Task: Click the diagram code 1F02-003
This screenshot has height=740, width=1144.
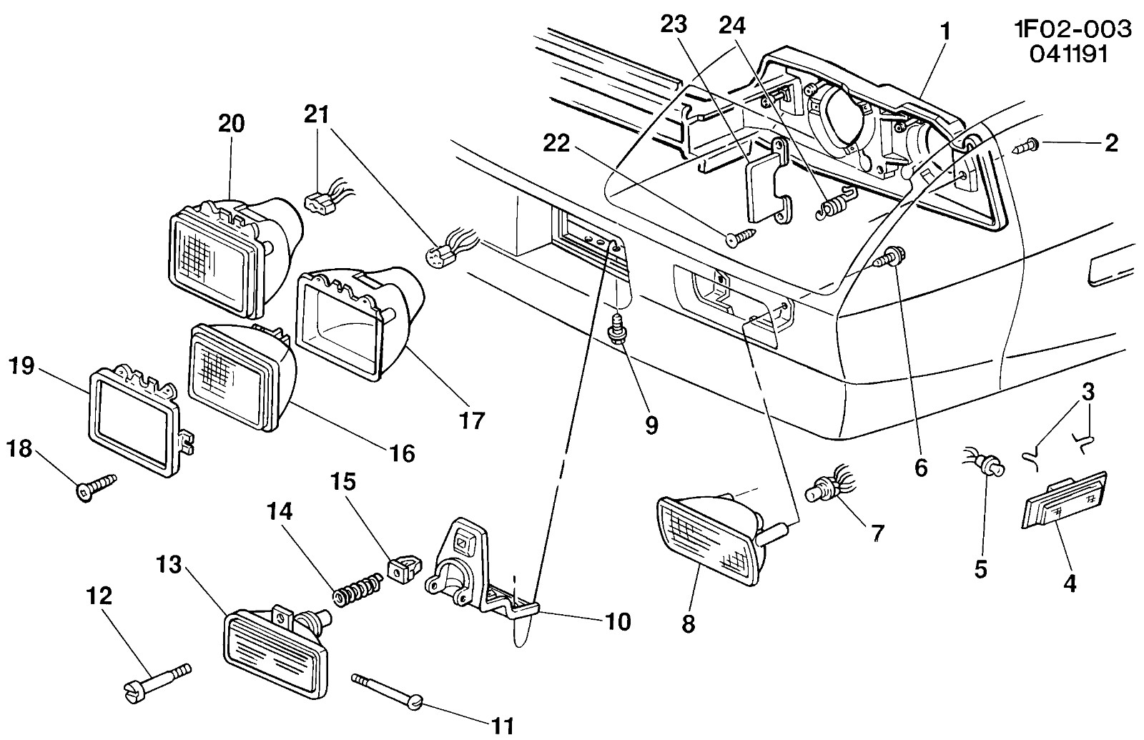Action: tap(1072, 29)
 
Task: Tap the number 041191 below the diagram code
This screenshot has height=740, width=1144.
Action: tap(1068, 54)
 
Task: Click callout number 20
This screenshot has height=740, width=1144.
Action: tap(232, 124)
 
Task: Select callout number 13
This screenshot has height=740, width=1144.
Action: tap(169, 565)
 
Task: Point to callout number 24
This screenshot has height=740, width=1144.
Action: tap(732, 25)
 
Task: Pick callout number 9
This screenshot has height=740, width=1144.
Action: tap(651, 425)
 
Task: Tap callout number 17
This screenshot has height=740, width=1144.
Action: tap(471, 421)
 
